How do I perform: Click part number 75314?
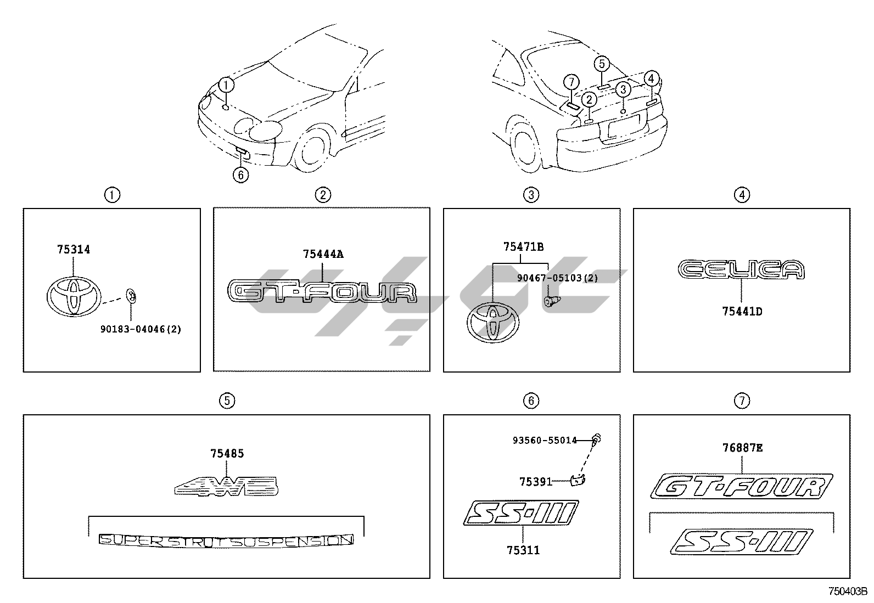74,250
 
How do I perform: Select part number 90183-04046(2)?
141,329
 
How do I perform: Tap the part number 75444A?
323,254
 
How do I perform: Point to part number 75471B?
523,247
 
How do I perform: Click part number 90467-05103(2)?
557,278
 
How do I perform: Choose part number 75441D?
742,312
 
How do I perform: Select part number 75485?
227,454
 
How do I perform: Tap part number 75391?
535,481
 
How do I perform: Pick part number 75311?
523,550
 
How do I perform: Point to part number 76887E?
742,448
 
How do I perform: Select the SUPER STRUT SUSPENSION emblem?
226,540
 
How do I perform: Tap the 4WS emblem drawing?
226,487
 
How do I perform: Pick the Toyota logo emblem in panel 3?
492,323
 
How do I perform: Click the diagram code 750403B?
847,591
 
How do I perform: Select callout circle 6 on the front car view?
240,174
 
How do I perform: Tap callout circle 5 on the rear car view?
602,64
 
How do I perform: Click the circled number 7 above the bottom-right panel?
741,401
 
